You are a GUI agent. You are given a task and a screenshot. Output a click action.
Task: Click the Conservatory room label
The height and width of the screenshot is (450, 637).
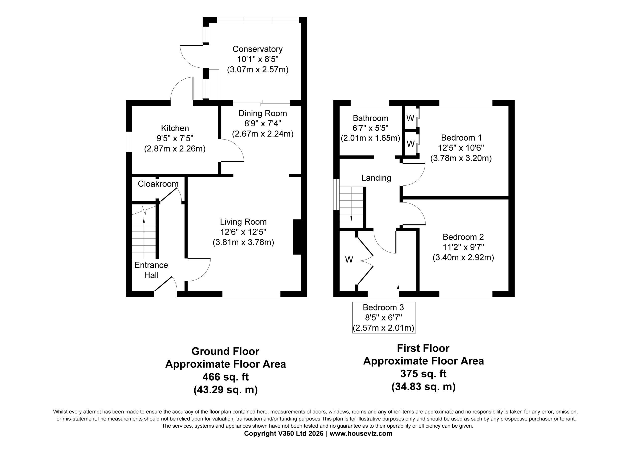(x=258, y=49)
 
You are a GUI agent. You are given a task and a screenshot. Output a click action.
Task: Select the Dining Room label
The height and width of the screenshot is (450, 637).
(x=263, y=113)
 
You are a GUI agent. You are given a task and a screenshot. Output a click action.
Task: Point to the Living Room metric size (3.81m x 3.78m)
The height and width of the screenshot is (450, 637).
(x=243, y=243)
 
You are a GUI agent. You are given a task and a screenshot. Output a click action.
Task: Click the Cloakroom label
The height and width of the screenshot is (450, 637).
(x=158, y=184)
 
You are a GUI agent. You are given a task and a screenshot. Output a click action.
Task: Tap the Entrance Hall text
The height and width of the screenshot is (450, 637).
(x=151, y=270)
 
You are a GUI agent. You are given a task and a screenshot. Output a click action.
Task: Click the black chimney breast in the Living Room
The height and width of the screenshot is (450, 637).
(x=297, y=237)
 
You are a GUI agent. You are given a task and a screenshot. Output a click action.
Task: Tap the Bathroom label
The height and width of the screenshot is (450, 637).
(x=371, y=118)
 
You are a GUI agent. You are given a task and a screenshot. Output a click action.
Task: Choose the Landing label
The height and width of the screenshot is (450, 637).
(x=376, y=178)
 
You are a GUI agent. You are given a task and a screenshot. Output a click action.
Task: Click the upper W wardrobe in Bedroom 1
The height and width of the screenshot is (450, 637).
(x=411, y=118)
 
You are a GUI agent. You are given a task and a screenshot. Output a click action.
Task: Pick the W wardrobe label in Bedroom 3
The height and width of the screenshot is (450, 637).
(x=349, y=260)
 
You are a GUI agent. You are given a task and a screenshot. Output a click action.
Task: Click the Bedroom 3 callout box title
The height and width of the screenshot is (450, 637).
(x=383, y=307)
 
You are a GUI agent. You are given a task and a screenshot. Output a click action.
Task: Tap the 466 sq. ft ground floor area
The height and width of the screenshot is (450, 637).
(x=225, y=377)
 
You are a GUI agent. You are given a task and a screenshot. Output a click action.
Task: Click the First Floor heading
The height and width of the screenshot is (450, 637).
(x=423, y=348)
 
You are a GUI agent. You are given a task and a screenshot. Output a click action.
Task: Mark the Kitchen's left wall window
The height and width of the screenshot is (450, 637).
(x=129, y=142)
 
